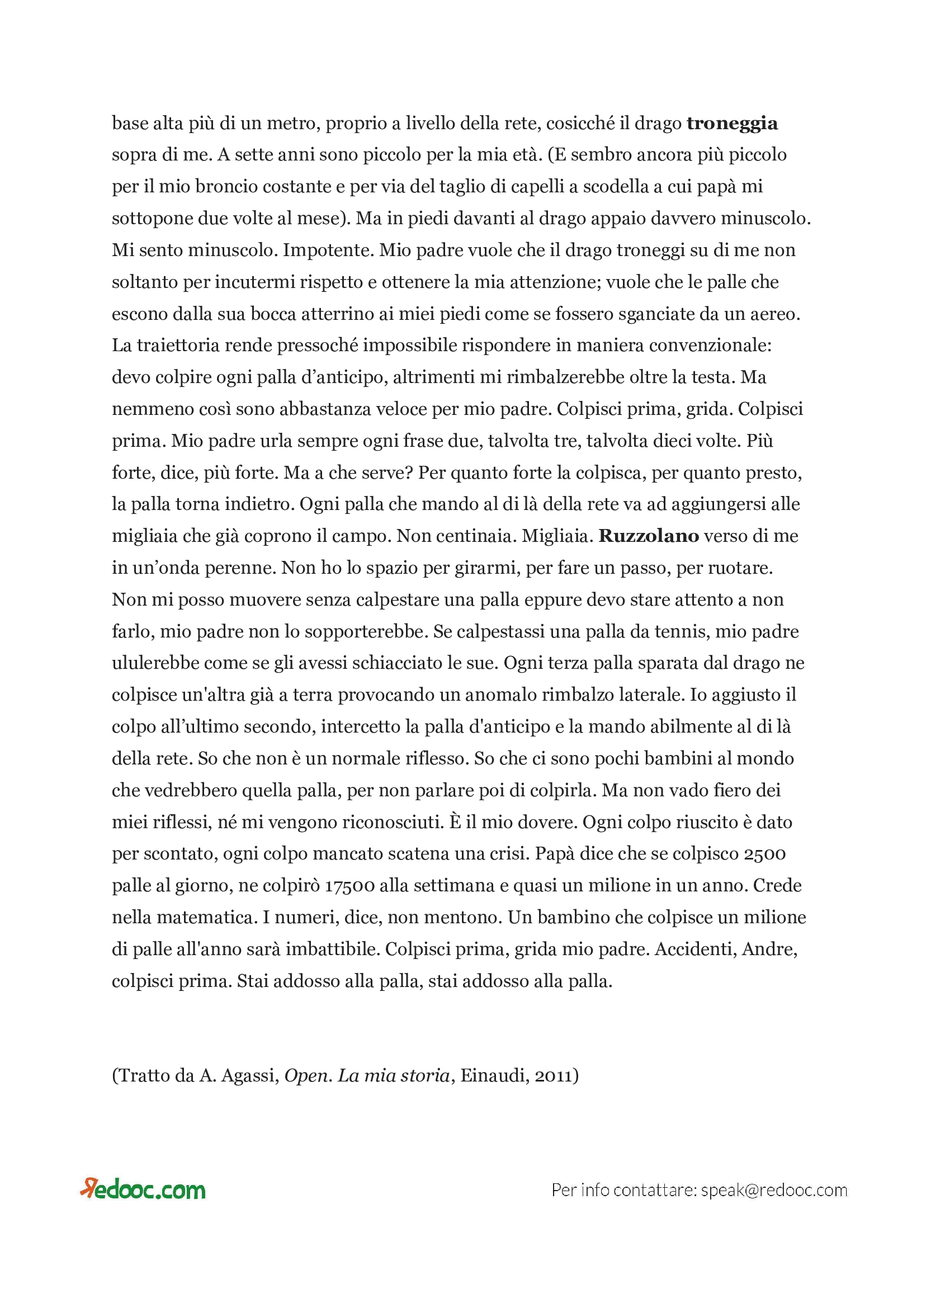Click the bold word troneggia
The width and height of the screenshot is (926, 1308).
(731, 124)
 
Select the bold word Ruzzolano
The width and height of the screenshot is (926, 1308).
(648, 536)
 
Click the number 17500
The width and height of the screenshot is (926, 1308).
(349, 885)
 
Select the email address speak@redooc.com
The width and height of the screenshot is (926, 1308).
(774, 1190)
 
